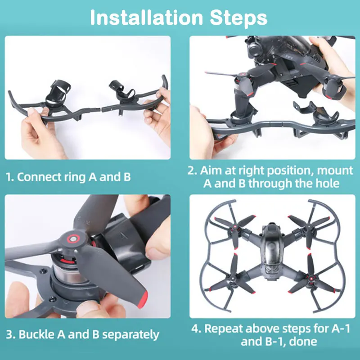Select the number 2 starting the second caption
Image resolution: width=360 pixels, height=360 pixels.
click(x=191, y=171)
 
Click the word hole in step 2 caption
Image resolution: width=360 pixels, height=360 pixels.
click(x=328, y=184)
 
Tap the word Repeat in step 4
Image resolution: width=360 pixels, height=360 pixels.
click(x=228, y=328)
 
